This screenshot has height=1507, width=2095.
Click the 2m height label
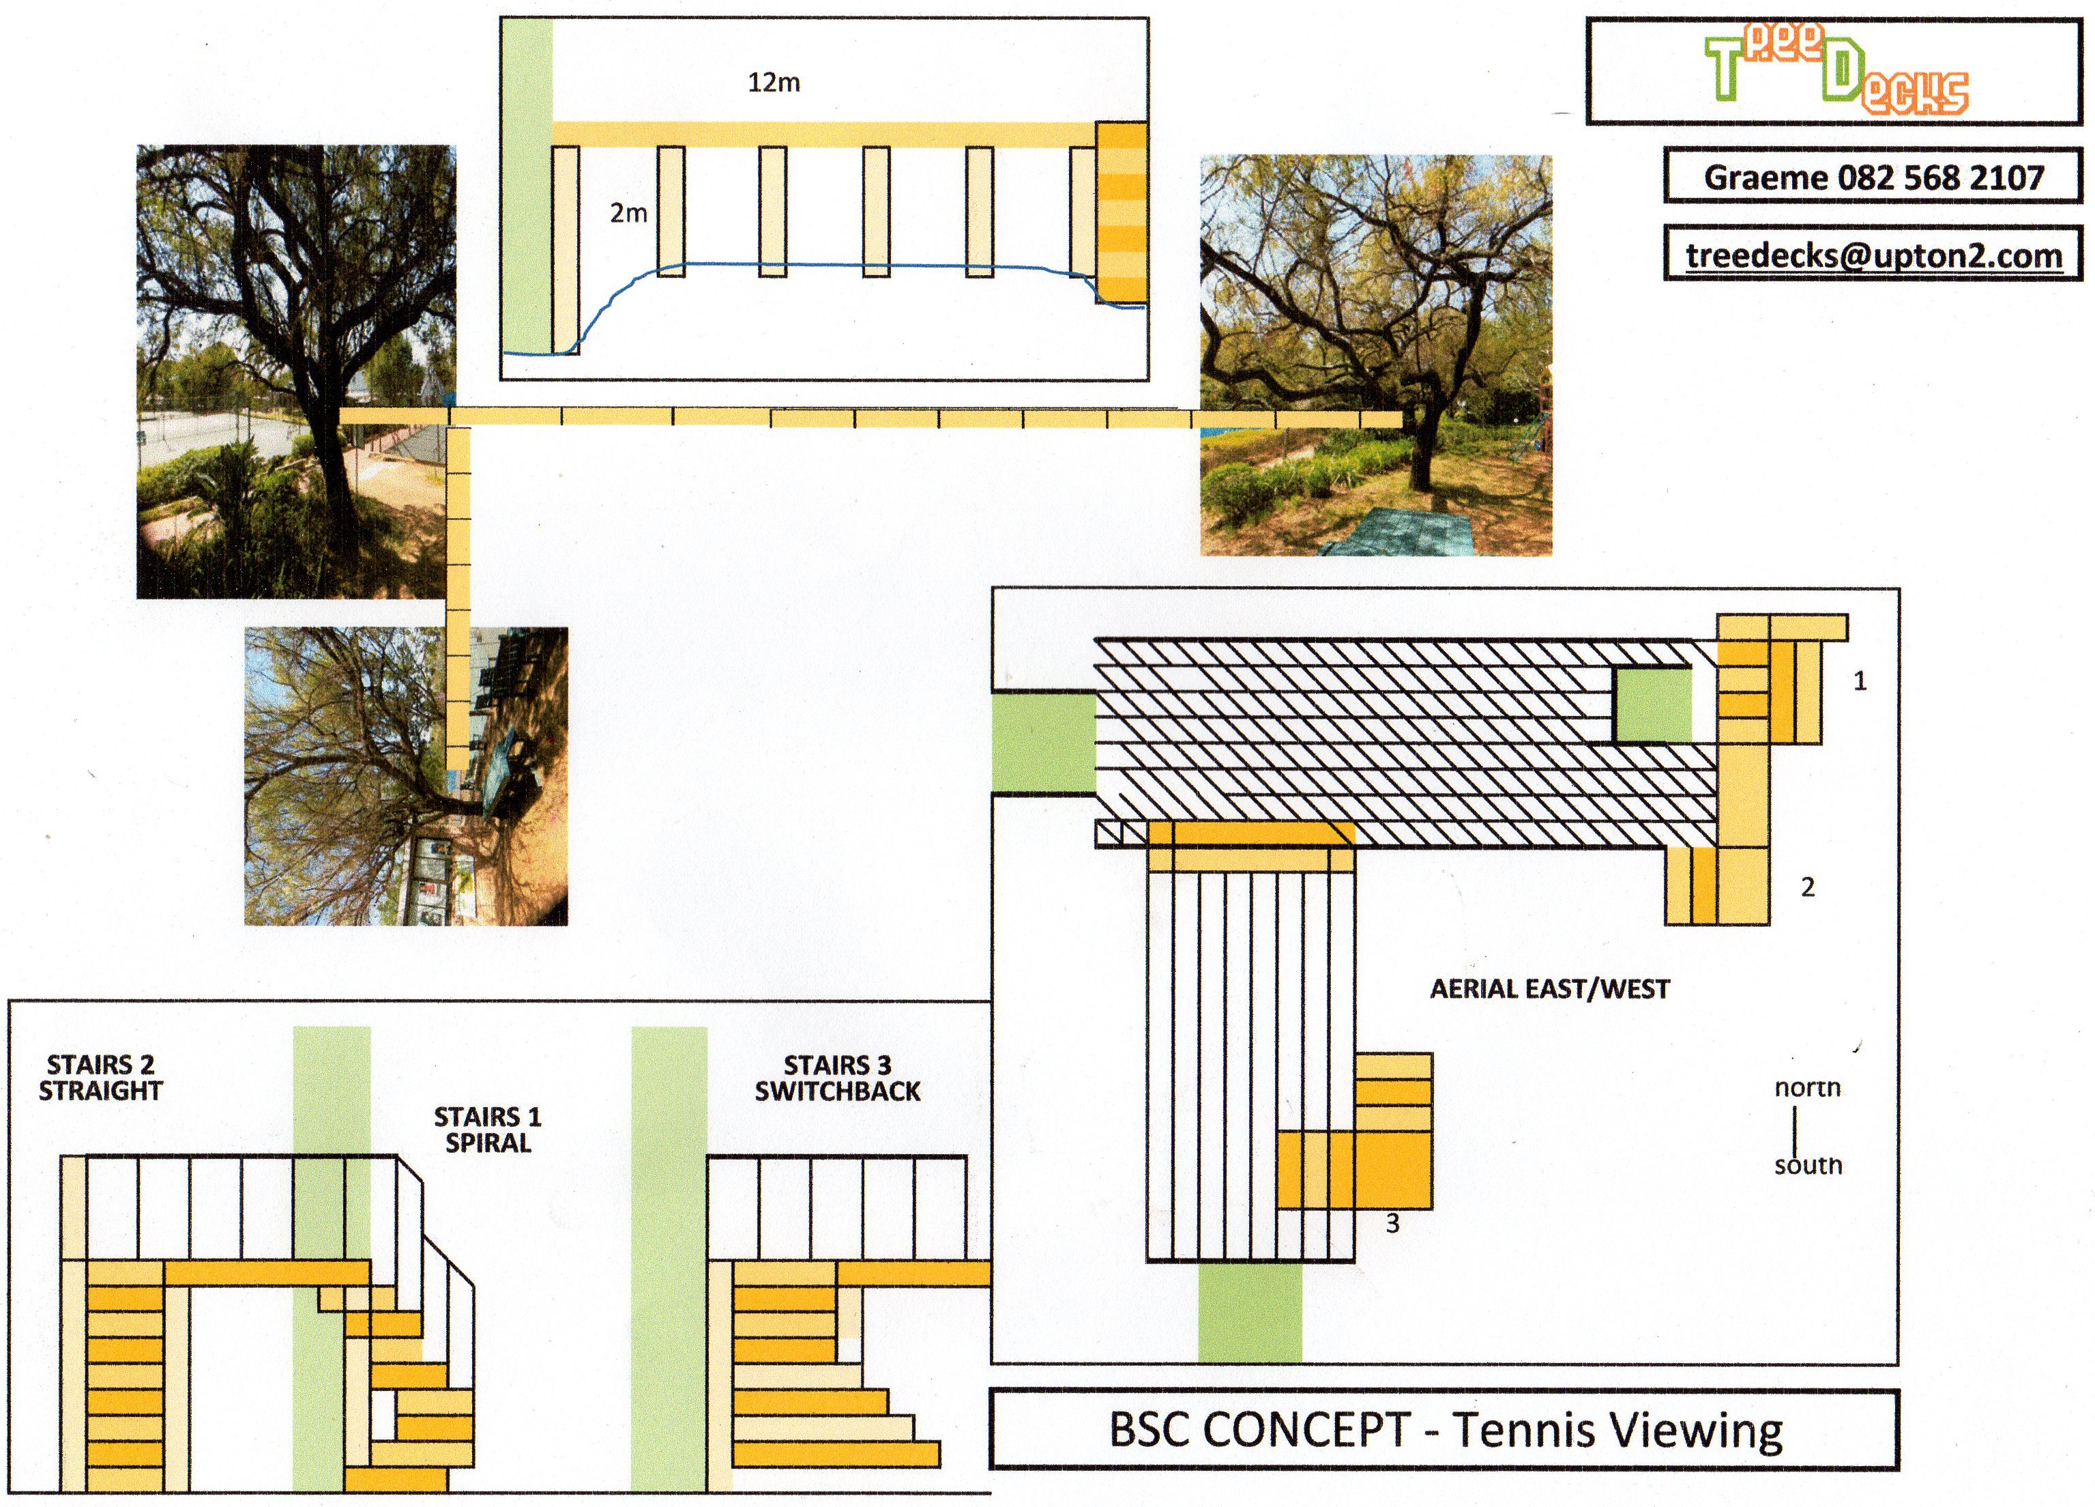tap(628, 214)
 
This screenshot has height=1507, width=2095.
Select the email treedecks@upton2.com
tap(1873, 255)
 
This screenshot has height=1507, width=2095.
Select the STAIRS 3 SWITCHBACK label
tap(838, 1078)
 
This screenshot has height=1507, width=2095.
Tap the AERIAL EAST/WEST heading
tap(1550, 990)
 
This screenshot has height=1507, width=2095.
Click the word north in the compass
tap(1808, 1087)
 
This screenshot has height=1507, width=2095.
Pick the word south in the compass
tap(1808, 1165)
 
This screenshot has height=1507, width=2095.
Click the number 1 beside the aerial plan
tap(1860, 682)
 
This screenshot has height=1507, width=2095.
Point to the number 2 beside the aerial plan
tap(1808, 888)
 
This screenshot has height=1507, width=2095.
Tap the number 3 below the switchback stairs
tap(1392, 1224)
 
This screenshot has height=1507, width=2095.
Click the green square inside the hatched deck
tap(1652, 705)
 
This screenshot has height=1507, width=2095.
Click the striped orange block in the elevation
tap(1122, 214)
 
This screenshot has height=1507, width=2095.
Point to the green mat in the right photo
tap(1395, 531)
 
